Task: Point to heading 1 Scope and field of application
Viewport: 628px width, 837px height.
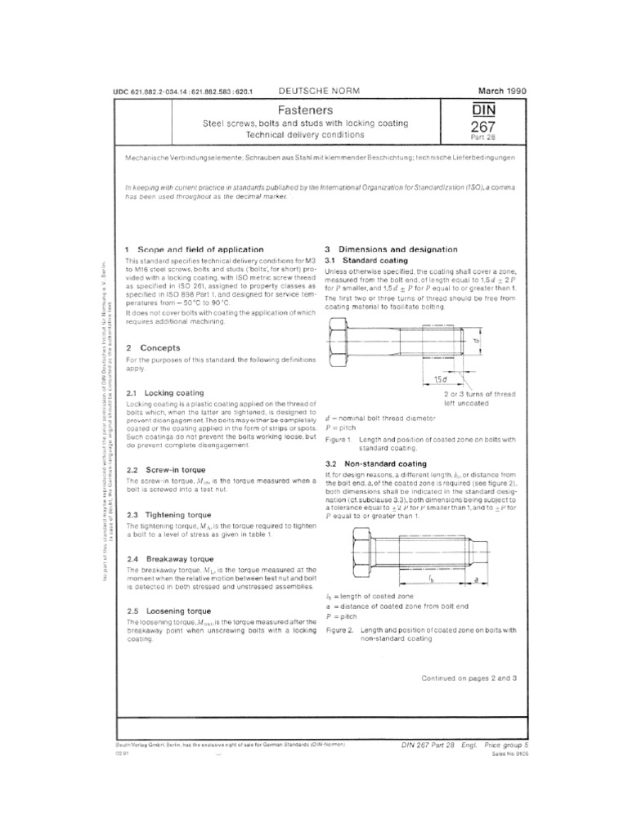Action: (x=194, y=248)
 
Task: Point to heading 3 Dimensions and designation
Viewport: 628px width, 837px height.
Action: (x=391, y=248)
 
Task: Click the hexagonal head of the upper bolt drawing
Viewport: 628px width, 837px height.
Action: (x=339, y=343)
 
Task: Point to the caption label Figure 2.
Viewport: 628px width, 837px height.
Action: (x=339, y=631)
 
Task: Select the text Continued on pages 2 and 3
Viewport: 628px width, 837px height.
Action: (x=469, y=678)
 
